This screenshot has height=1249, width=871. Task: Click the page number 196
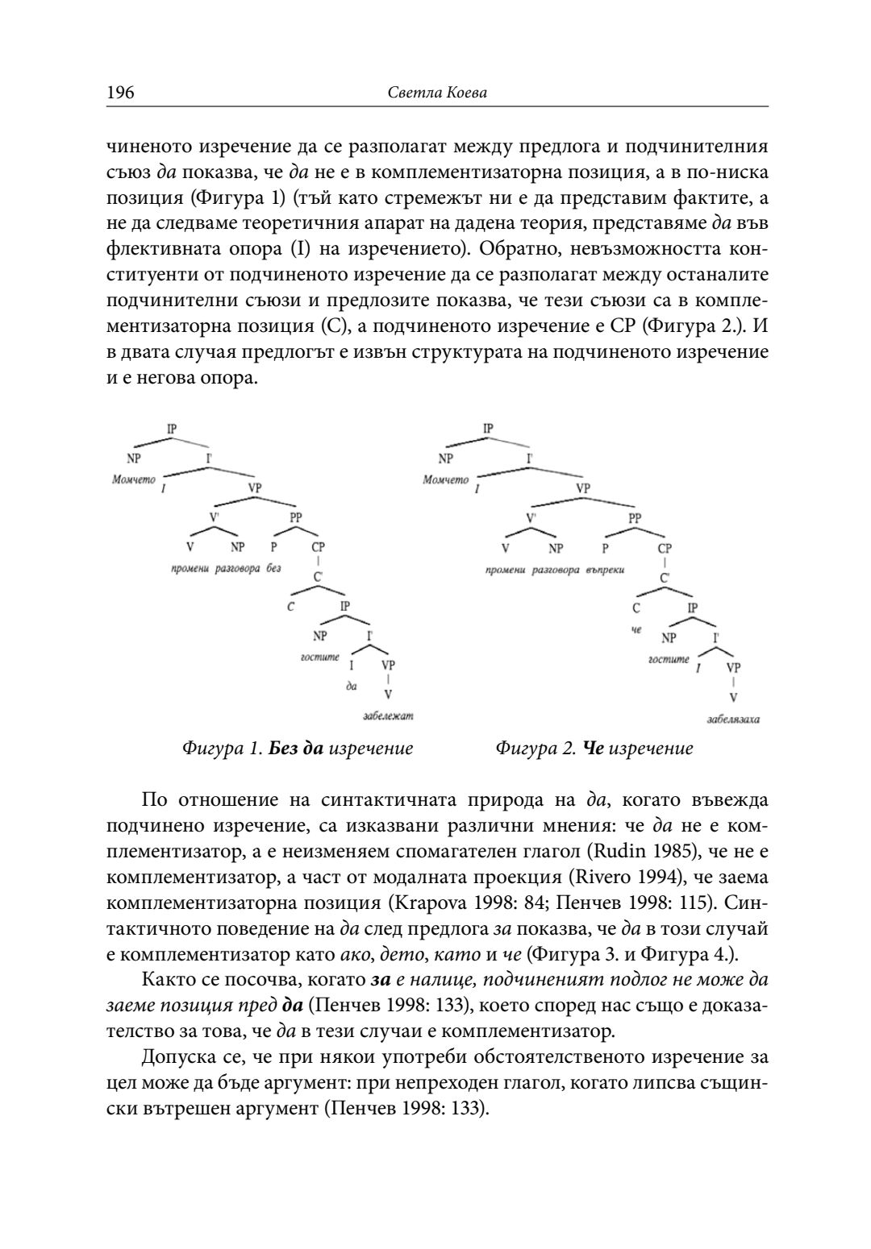pyautogui.click(x=120, y=93)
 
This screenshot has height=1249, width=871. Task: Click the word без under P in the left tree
pyautogui.click(x=273, y=568)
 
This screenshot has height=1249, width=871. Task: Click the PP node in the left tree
pyautogui.click(x=295, y=518)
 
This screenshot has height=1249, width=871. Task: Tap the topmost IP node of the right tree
pyautogui.click(x=489, y=429)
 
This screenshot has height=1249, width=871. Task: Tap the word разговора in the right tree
pyautogui.click(x=556, y=570)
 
